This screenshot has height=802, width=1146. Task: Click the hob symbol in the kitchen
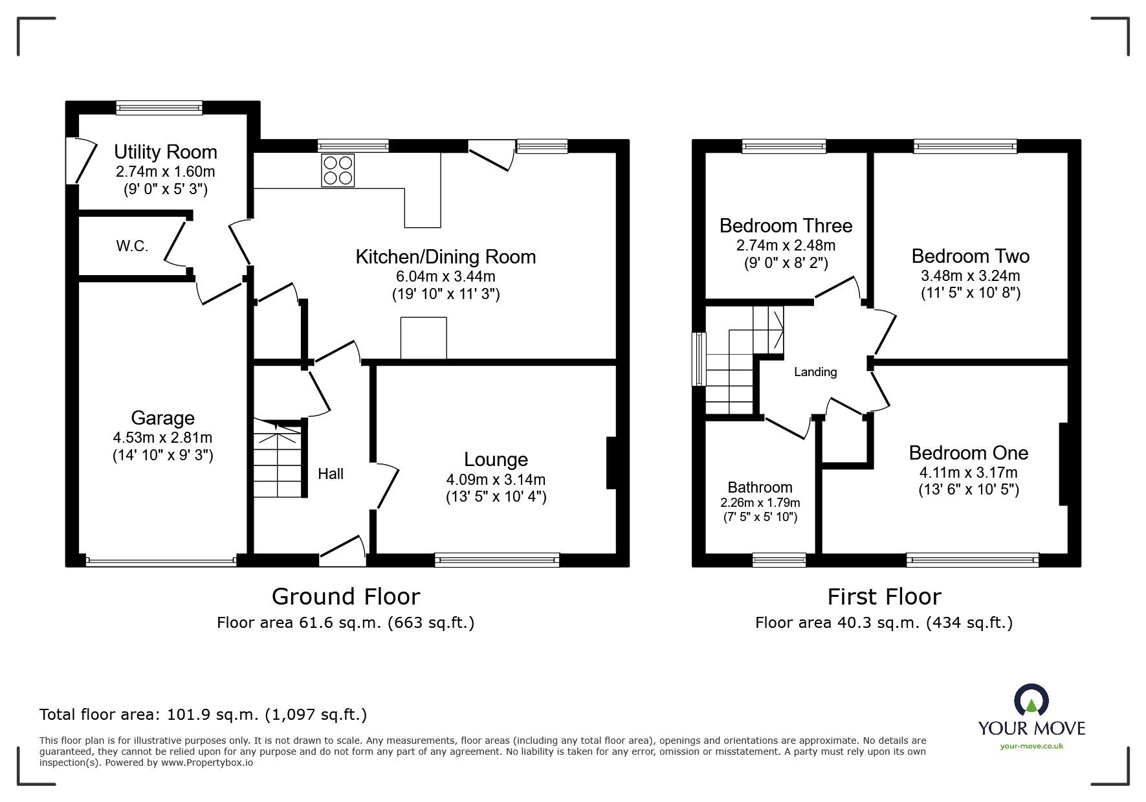(338, 170)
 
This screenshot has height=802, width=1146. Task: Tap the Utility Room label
(166, 152)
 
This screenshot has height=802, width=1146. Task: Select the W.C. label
(132, 246)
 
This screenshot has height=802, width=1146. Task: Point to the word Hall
(331, 474)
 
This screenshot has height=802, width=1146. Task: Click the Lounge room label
(496, 460)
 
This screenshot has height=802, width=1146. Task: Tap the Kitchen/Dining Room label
(446, 257)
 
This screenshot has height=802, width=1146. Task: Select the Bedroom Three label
(786, 226)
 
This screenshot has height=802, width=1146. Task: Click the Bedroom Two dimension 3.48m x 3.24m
(970, 276)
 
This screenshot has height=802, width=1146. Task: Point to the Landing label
(815, 372)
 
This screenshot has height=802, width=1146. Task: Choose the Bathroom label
(760, 487)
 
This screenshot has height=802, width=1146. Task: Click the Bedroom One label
(968, 452)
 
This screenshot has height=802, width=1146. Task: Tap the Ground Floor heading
(346, 596)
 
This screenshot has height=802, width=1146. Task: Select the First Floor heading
(884, 596)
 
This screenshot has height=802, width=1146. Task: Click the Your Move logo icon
(1031, 701)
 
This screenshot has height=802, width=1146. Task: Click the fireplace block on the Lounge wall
(611, 463)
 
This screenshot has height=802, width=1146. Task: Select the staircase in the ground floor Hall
(278, 458)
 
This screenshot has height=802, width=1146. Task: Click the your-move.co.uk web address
(1031, 746)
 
